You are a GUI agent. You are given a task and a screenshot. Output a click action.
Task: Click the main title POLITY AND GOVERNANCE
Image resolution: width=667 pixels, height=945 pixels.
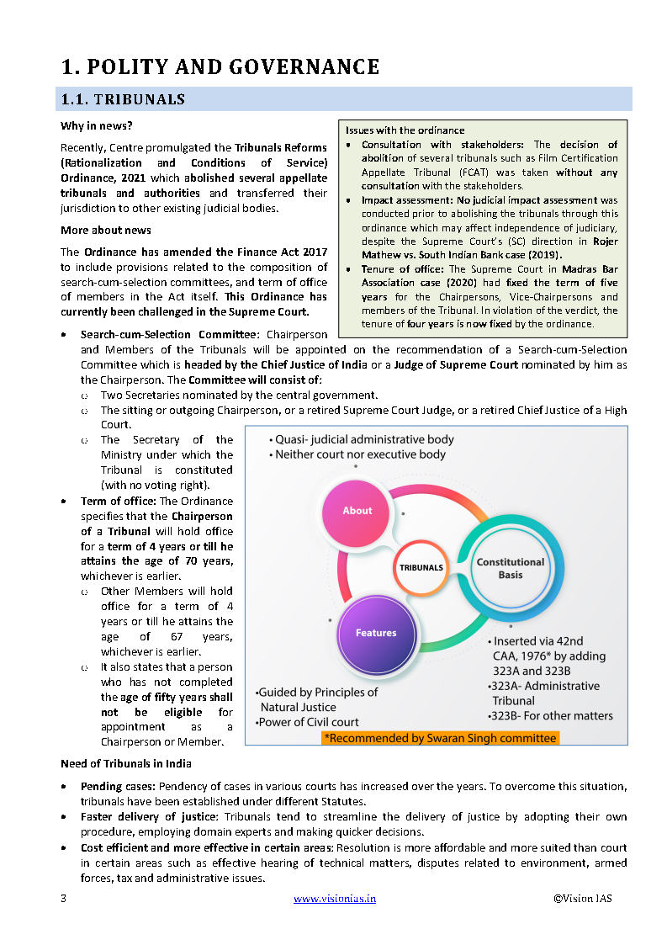[220, 66]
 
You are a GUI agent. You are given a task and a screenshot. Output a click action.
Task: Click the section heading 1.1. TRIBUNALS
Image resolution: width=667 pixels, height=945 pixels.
[123, 99]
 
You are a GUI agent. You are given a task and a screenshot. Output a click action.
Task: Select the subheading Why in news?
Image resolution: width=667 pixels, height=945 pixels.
[96, 126]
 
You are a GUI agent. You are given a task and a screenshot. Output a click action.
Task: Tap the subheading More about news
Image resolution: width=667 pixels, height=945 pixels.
[105, 230]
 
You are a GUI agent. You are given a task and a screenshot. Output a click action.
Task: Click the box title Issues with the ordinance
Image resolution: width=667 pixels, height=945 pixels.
[405, 130]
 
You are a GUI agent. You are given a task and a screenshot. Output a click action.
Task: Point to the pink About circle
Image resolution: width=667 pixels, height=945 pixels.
[357, 511]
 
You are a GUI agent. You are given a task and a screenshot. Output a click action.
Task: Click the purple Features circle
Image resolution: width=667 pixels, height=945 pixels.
[375, 633]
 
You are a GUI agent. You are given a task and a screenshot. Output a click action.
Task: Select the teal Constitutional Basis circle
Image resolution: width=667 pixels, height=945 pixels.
[510, 568]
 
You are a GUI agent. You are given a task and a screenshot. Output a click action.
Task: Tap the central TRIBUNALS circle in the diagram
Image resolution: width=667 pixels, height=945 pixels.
[421, 567]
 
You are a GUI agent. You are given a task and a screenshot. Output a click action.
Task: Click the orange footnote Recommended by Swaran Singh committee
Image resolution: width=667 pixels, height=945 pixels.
[440, 738]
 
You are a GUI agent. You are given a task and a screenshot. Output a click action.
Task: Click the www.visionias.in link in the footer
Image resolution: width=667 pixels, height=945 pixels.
[334, 899]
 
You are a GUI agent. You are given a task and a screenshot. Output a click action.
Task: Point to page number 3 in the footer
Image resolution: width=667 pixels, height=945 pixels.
[63, 899]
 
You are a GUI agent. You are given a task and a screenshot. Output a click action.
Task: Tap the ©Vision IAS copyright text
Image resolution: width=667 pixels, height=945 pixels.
[582, 899]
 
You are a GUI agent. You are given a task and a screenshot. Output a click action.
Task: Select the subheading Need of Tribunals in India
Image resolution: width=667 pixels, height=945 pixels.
[125, 763]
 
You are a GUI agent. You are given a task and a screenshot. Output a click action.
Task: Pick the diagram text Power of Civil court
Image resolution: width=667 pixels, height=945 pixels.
[310, 721]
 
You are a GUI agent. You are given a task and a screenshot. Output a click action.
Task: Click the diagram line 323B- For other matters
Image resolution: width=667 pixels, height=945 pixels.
[551, 716]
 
